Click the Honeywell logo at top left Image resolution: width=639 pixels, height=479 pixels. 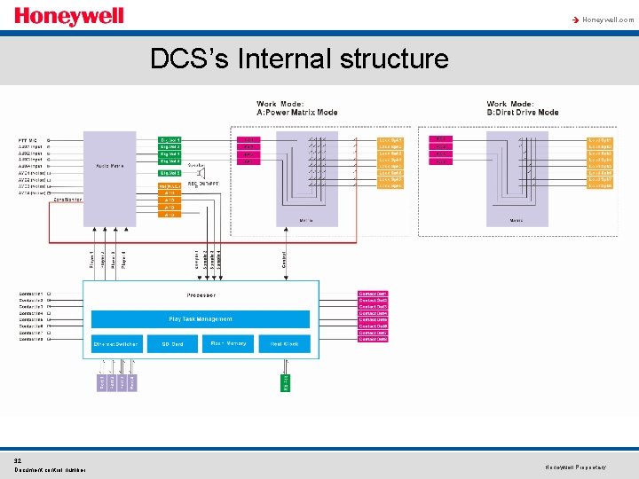pos(68,17)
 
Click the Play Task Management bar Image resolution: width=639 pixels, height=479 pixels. pos(201,319)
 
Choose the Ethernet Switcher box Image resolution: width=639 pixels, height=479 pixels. pos(116,343)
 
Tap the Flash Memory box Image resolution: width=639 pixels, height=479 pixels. pos(228,343)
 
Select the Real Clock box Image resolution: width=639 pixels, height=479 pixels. pos(284,343)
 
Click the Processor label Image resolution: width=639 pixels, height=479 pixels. pos(201,294)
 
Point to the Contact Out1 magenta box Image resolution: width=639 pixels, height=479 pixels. pos(373,294)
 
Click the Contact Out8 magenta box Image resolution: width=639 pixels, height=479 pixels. pos(373,340)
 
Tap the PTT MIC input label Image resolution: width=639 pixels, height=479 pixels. pos(28,140)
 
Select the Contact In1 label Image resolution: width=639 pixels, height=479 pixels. pos(31,294)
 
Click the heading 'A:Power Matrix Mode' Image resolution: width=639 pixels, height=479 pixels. pos(297,113)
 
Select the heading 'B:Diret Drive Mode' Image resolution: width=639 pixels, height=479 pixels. pos(523,113)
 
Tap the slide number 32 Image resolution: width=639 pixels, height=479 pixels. pos(18,460)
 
